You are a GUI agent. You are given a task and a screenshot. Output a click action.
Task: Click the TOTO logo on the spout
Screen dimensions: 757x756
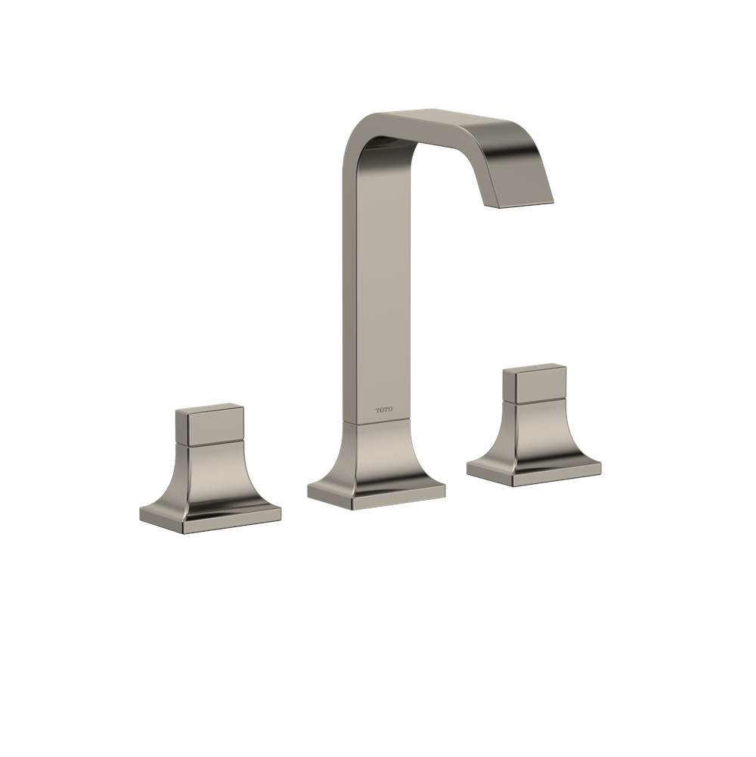[x=384, y=411]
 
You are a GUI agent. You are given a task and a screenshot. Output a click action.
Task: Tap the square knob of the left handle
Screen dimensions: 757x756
[x=210, y=426]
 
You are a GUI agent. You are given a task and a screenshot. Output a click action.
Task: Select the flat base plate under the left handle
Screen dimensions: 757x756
[x=210, y=516]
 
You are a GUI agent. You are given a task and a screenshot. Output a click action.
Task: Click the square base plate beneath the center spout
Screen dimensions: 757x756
[x=376, y=494]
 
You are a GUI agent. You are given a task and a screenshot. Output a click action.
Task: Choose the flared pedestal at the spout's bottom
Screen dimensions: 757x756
[x=376, y=454]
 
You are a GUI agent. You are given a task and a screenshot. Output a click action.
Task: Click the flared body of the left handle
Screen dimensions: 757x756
[x=210, y=476]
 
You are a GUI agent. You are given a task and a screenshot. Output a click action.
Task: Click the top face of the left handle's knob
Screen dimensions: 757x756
[x=209, y=408]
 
